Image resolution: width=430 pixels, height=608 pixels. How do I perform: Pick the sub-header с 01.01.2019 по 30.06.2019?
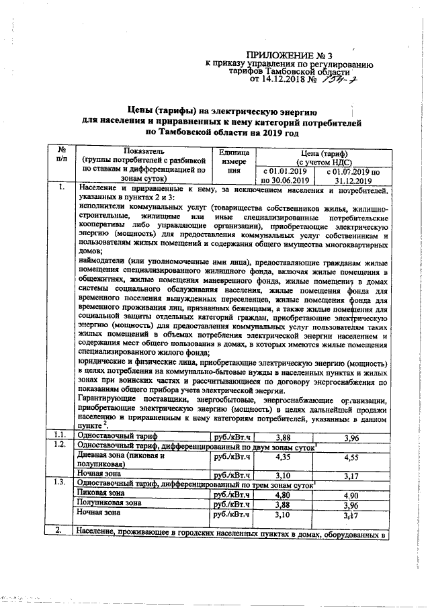[285, 175]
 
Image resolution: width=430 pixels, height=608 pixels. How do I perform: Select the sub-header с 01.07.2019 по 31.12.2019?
[353, 175]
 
